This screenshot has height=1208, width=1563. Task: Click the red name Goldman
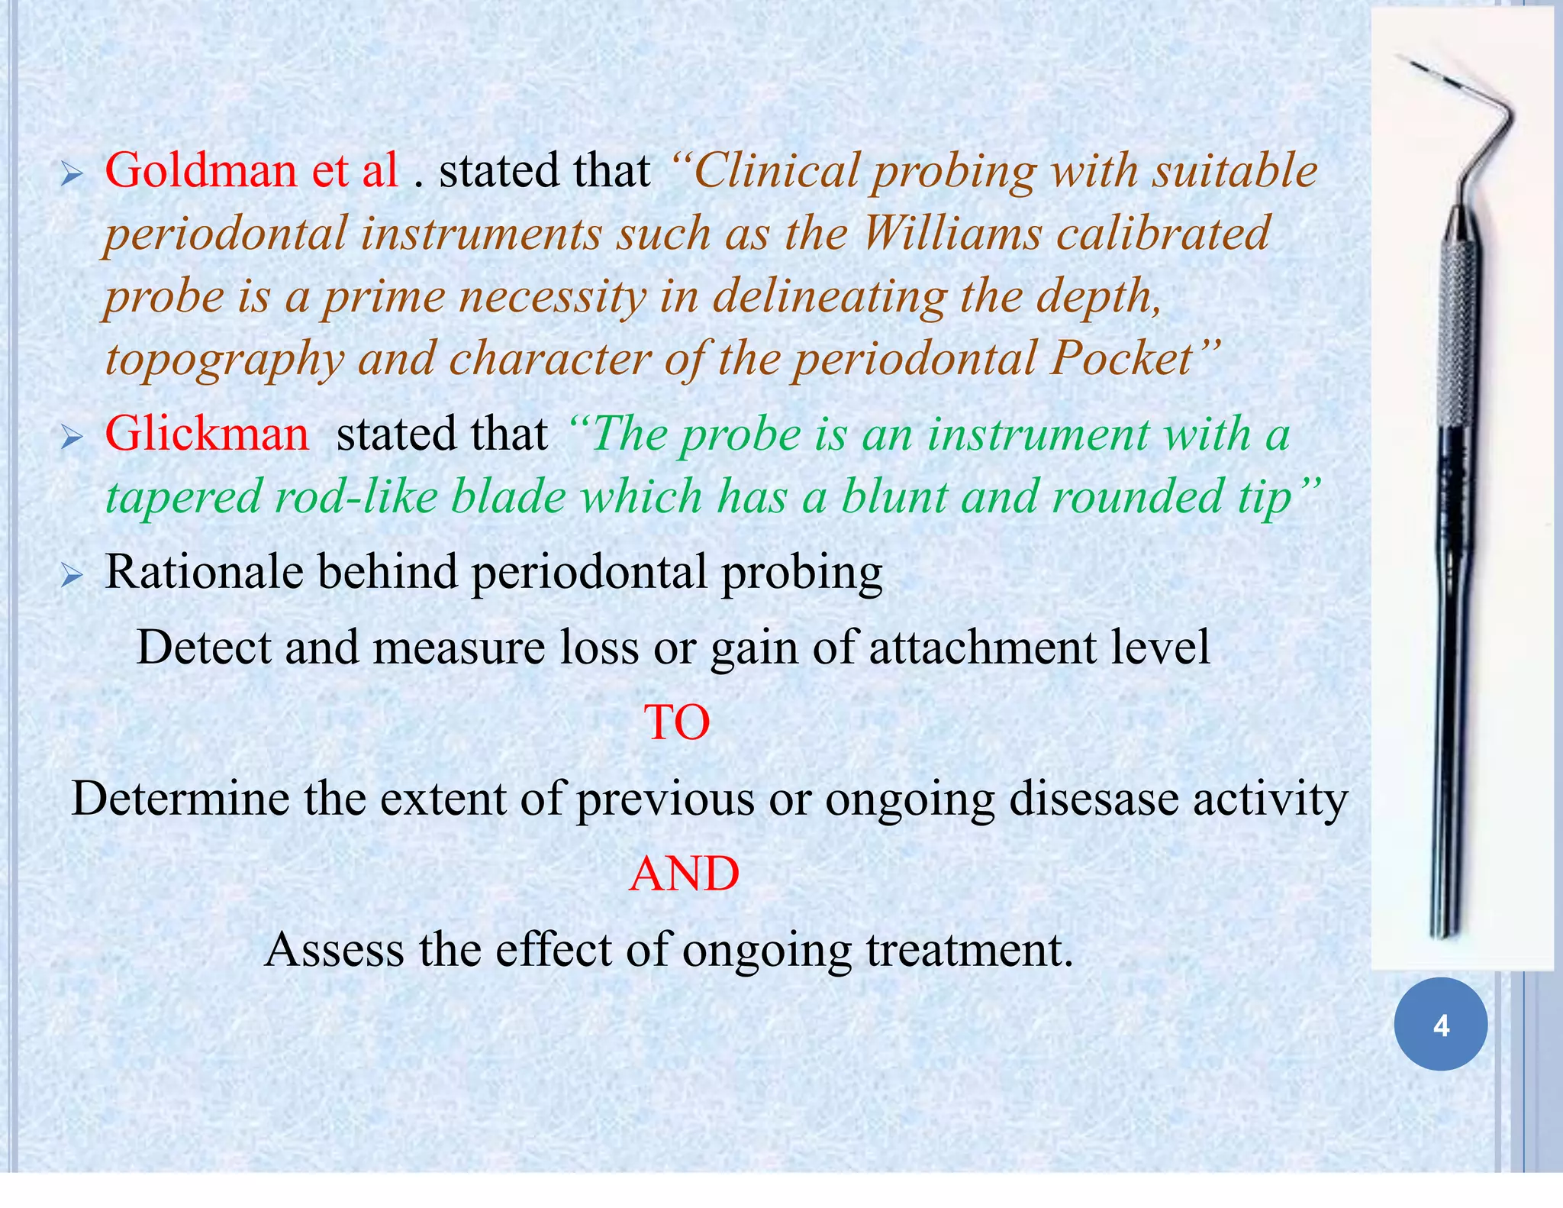point(201,170)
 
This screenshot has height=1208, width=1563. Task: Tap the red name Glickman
point(207,434)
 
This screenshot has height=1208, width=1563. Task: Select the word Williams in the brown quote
point(952,234)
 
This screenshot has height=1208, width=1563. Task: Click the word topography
point(224,360)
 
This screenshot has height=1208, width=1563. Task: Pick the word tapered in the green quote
point(182,497)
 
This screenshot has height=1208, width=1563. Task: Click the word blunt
point(894,497)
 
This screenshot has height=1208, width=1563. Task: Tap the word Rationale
point(204,572)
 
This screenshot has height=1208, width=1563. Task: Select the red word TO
point(677,722)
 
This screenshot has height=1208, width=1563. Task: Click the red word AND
point(684,874)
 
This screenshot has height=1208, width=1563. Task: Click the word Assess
point(334,950)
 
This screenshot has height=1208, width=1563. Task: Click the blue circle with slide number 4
point(1440,1024)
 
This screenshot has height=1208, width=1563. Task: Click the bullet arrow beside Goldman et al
point(72,176)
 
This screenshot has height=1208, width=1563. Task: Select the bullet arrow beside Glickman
point(72,439)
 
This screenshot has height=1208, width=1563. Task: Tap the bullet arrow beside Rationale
point(72,577)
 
